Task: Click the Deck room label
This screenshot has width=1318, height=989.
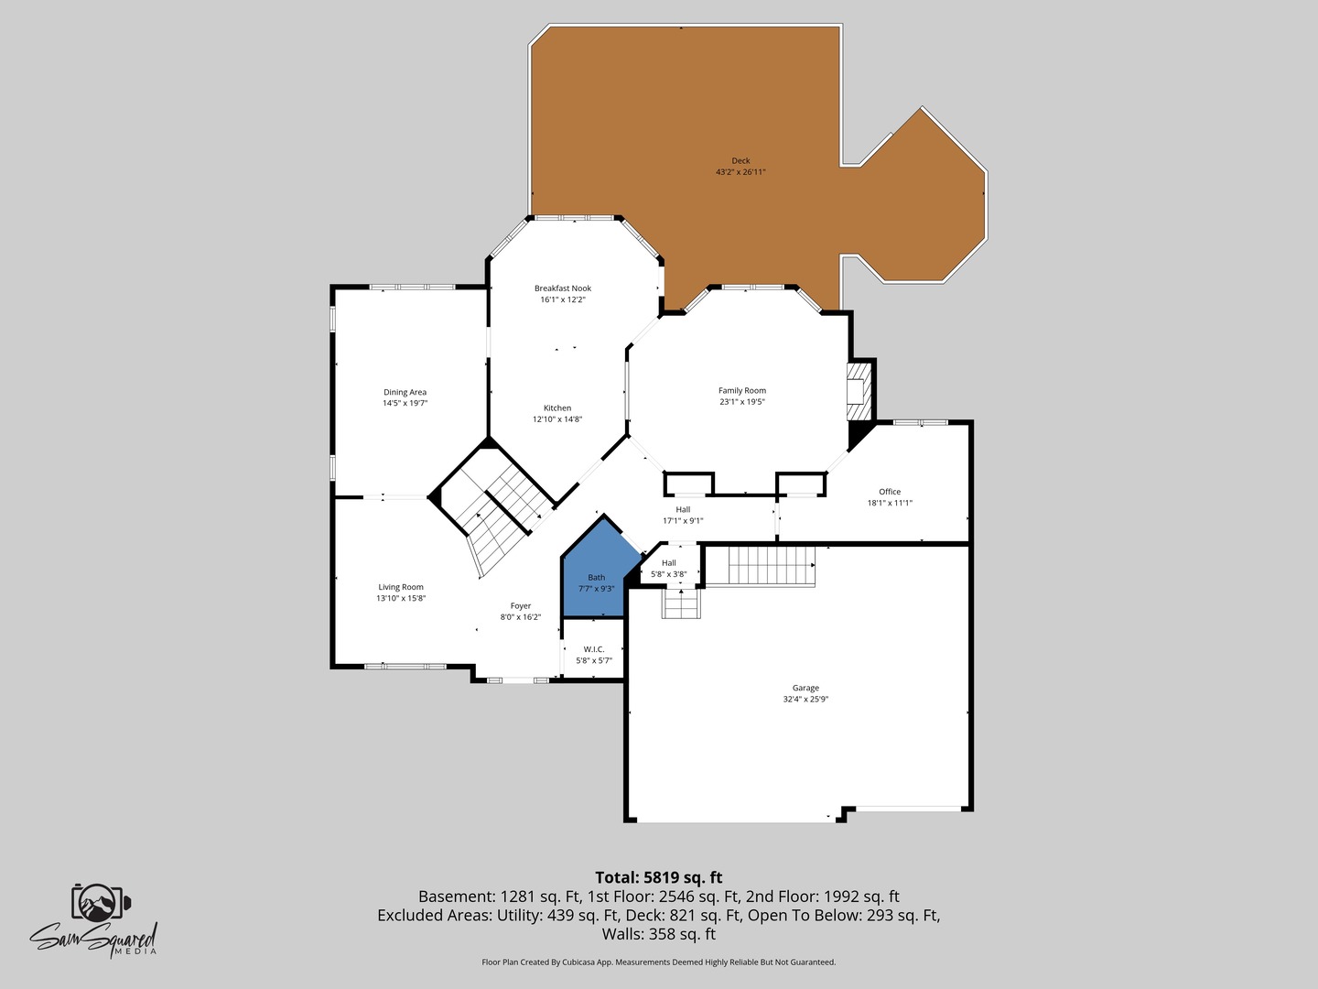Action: pos(740,160)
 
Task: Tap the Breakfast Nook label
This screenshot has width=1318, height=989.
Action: pos(563,288)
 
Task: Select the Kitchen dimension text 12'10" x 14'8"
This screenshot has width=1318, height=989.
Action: pos(557,419)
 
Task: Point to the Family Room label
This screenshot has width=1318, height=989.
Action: pos(742,390)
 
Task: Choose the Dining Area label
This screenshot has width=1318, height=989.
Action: pos(405,392)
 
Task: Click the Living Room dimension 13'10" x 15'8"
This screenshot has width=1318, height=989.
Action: pos(401,598)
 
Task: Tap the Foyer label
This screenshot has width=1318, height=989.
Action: pos(521,606)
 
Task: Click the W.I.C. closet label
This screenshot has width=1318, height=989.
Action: pos(594,649)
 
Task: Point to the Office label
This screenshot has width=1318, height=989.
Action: pos(890,491)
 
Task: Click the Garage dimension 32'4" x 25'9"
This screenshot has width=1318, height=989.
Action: pos(805,699)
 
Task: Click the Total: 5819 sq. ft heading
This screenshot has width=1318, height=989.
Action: pos(659,877)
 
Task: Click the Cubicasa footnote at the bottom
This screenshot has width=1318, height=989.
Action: pos(659,962)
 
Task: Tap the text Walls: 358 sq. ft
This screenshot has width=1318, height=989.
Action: pos(659,934)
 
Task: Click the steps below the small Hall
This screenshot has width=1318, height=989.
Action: pos(681,603)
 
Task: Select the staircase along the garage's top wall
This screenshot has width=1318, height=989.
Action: pos(772,565)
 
